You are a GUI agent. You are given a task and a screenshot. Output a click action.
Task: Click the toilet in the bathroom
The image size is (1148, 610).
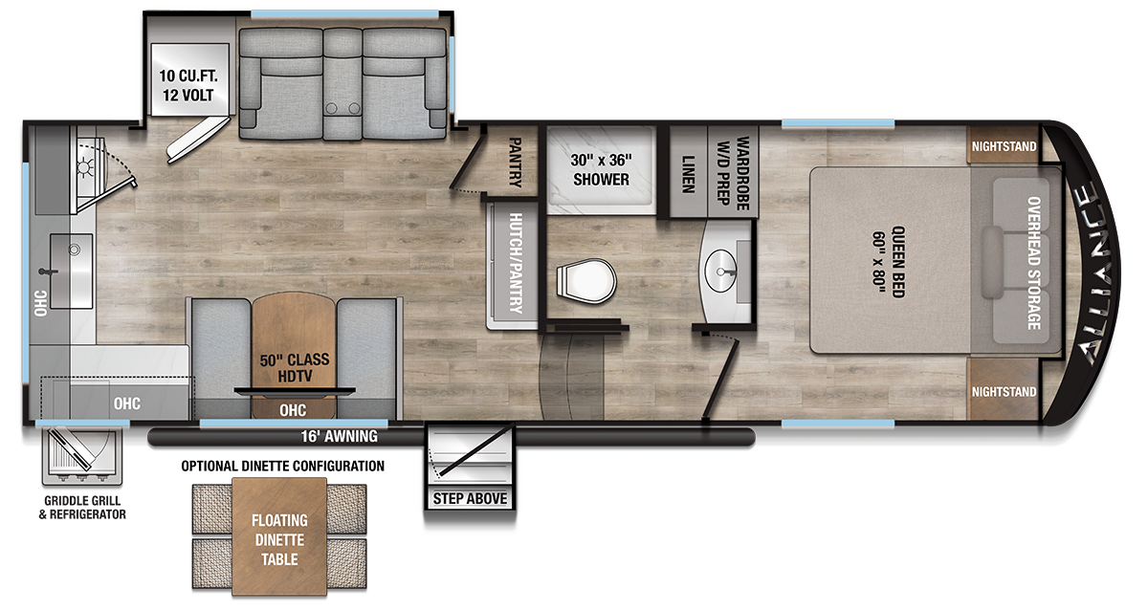click(586, 281)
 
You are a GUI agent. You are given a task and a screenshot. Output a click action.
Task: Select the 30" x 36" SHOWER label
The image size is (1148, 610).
click(601, 169)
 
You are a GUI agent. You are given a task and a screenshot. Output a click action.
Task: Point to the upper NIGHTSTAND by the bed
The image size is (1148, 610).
click(1004, 146)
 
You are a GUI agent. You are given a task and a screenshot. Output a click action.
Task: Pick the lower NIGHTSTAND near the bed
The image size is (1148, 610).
click(1004, 391)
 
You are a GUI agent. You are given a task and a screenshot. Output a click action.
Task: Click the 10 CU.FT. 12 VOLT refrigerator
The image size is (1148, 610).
click(189, 79)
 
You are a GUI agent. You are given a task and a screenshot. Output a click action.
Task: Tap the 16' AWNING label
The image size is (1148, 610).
click(339, 436)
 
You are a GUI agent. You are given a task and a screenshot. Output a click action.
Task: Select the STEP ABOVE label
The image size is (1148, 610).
click(470, 498)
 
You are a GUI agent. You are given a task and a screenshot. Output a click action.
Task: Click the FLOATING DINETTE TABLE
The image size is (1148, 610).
click(279, 536)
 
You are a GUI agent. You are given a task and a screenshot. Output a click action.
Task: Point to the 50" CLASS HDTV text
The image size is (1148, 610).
click(295, 368)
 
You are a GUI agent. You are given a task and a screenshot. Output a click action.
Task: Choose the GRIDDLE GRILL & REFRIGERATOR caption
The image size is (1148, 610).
click(82, 508)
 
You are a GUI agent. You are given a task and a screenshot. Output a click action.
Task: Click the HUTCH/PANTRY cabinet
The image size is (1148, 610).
click(513, 265)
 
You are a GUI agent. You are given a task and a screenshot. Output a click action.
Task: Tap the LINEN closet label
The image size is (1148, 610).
click(688, 175)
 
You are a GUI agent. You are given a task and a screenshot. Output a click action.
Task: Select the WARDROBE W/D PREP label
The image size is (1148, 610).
click(733, 173)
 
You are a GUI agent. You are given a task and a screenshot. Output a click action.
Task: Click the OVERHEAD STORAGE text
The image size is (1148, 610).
click(1034, 263)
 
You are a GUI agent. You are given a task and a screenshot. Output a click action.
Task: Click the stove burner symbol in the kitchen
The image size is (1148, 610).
click(84, 167)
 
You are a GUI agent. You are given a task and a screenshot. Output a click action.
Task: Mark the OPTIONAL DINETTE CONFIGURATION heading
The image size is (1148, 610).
click(282, 466)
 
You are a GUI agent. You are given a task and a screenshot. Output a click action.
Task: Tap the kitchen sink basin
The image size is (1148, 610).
click(71, 271)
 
